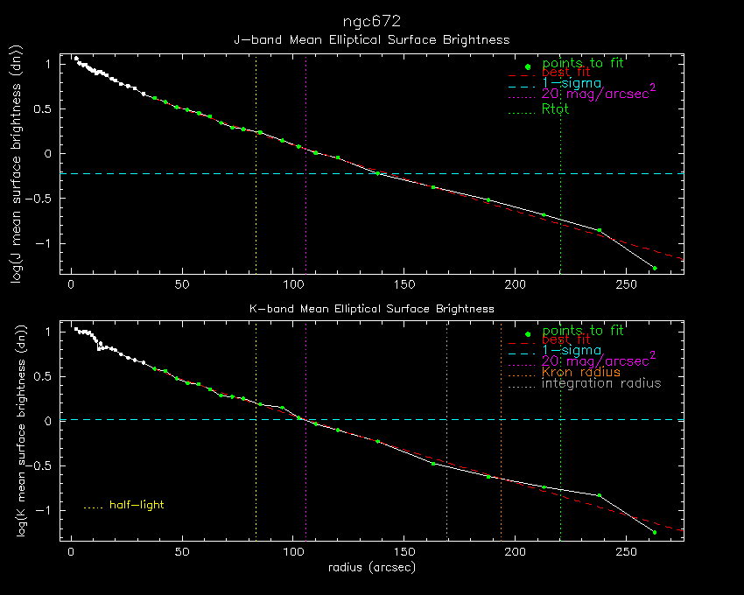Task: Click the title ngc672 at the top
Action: click(x=372, y=18)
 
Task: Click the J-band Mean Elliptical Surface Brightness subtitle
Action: click(x=372, y=39)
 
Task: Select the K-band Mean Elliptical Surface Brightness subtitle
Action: click(x=372, y=308)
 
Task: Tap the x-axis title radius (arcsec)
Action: click(x=372, y=567)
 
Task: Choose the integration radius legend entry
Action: click(x=601, y=383)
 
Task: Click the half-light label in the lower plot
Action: click(x=137, y=505)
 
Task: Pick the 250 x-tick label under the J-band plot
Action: click(x=626, y=285)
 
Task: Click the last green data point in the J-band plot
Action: click(x=655, y=268)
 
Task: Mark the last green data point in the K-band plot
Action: click(x=655, y=532)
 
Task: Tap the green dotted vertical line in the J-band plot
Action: click(x=560, y=219)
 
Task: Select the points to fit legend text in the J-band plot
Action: click(x=583, y=63)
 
